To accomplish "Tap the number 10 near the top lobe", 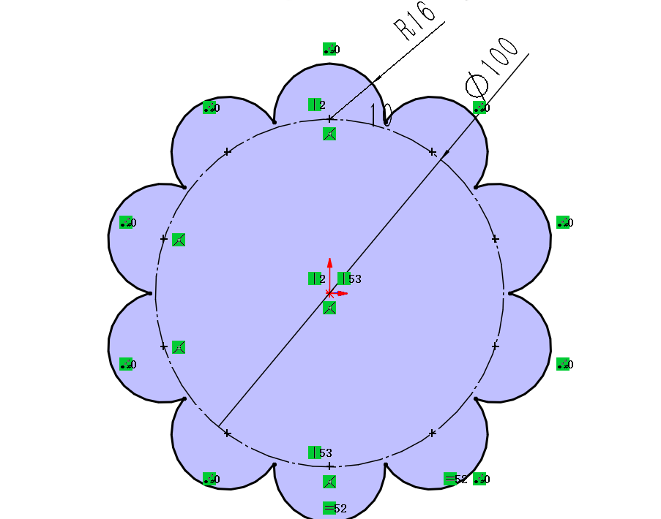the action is click(381, 114).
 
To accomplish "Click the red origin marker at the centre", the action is click(329, 293).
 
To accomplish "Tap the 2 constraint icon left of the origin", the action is click(315, 279).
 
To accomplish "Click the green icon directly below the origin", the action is click(329, 308).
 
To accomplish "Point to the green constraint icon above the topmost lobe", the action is click(329, 49).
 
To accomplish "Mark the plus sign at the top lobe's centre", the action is click(329, 118).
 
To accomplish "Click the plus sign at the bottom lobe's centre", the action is click(329, 466).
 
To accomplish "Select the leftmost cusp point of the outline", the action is click(149, 294).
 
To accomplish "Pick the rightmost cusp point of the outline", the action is click(509, 294).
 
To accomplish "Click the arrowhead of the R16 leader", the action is click(376, 81).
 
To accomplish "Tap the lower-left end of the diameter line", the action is click(219, 426).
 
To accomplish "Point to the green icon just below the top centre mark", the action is click(329, 133).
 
